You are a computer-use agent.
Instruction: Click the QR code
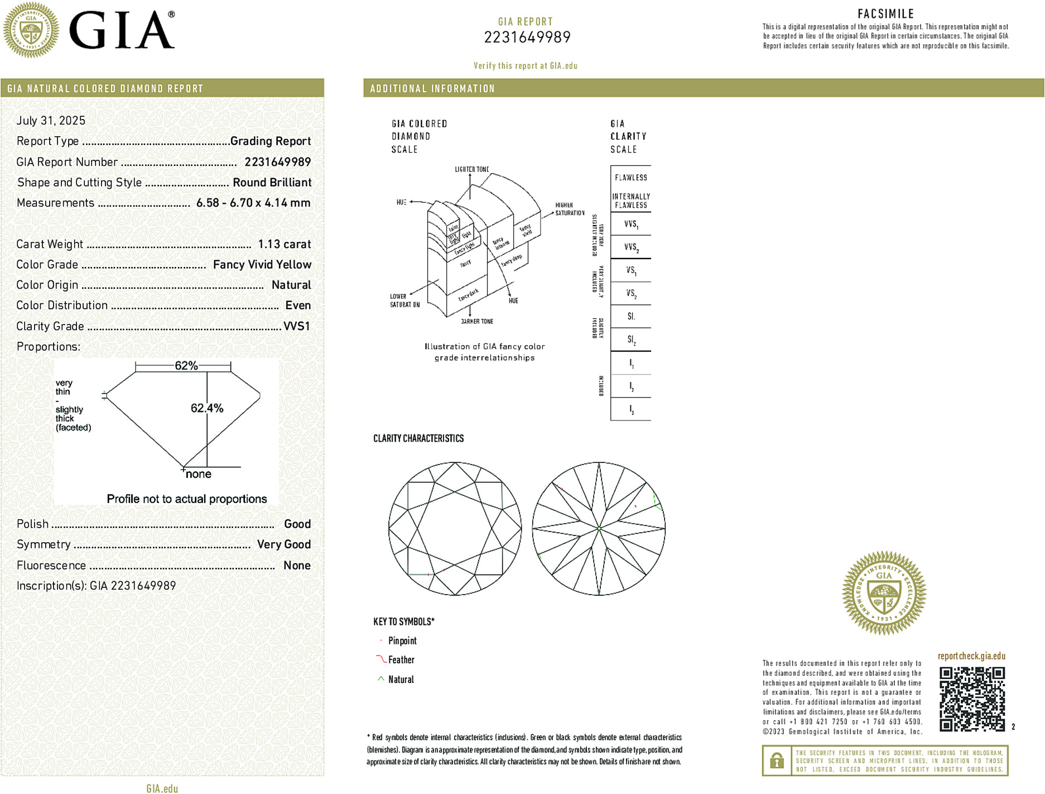pos(972,699)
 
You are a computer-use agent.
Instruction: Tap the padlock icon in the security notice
pos(777,760)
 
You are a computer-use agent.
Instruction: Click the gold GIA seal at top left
pos(31,30)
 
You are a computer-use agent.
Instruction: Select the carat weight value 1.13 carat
pos(284,244)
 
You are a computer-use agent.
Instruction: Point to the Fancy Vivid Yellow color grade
pos(262,265)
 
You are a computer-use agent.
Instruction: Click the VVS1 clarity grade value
pos(297,326)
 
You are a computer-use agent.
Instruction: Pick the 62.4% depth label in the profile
pos(207,408)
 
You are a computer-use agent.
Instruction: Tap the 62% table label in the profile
pos(186,366)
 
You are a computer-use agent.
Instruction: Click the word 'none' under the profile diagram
pos(199,474)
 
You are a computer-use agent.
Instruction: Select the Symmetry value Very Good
pos(283,544)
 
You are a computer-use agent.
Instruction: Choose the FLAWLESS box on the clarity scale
pos(631,178)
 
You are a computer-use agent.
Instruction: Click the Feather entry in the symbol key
pos(401,660)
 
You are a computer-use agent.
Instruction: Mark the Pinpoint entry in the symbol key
pos(402,641)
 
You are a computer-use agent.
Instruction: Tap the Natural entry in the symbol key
pos(401,680)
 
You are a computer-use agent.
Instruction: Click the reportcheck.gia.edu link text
pos(971,656)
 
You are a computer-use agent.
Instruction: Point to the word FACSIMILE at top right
pos(885,14)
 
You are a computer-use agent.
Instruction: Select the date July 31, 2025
pos(51,121)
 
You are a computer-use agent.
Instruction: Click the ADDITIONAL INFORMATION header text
pos(432,89)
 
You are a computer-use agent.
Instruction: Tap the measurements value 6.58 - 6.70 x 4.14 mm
pos(253,203)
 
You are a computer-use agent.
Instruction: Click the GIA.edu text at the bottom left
pos(162,788)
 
